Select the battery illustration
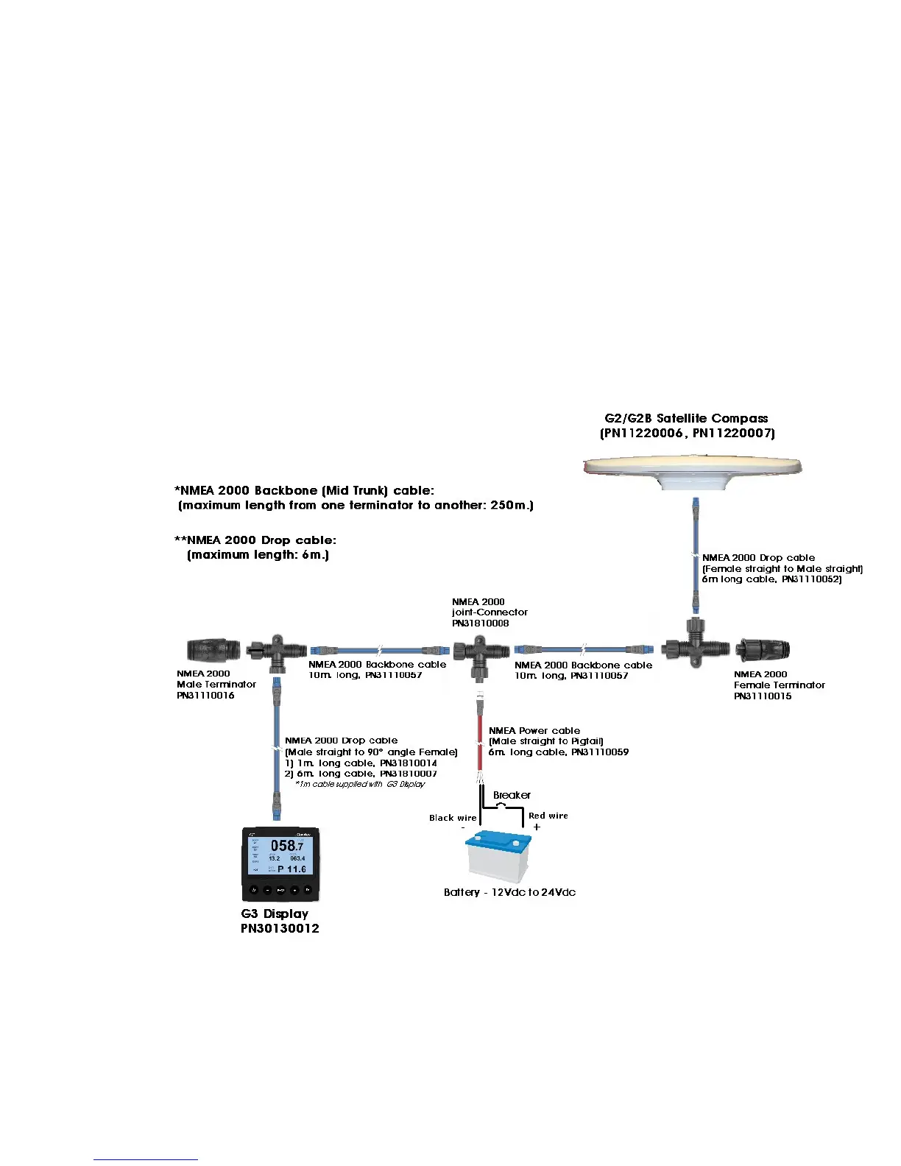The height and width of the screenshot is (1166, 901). tap(499, 857)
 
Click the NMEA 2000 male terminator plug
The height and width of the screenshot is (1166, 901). tap(211, 650)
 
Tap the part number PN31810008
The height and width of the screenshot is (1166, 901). tap(481, 623)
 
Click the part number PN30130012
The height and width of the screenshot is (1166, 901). tap(280, 929)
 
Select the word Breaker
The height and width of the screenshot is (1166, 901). tap(512, 795)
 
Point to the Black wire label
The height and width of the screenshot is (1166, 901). tap(453, 818)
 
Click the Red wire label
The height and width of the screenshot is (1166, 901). tap(548, 816)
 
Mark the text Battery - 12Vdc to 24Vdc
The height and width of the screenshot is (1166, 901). tap(509, 892)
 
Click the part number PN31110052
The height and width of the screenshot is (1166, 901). tap(811, 579)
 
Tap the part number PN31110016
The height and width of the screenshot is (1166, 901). tap(205, 695)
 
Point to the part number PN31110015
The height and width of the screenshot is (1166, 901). tap(763, 696)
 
